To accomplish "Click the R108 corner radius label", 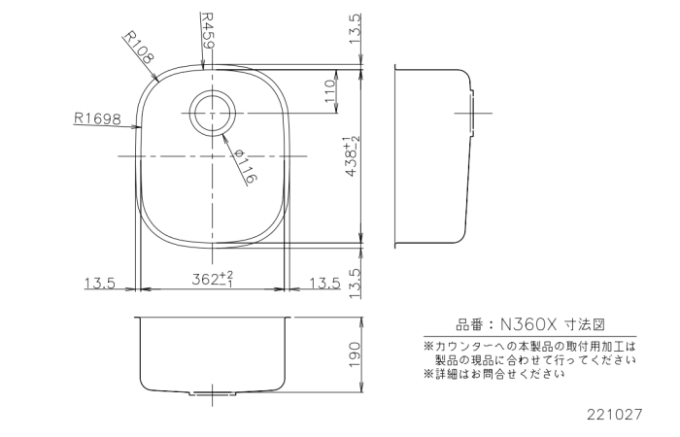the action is coord(139,47).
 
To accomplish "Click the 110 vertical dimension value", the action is coord(330,91).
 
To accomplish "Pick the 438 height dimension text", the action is coord(354,156).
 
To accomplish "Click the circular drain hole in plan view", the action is coord(212,111).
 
